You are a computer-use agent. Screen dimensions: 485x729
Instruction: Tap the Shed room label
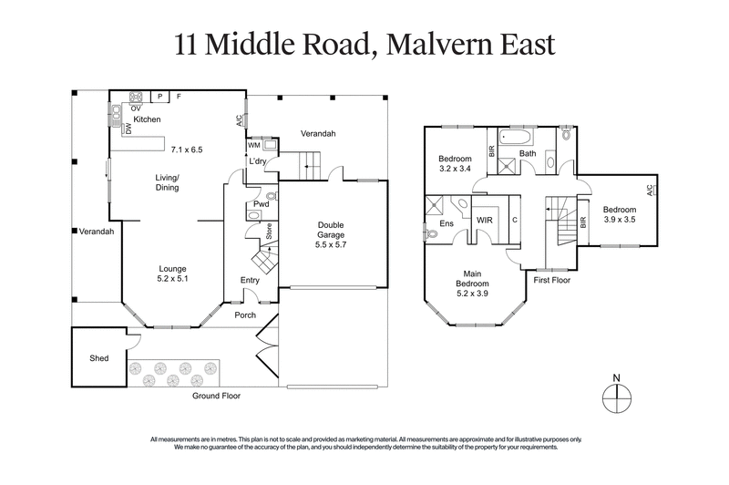100,358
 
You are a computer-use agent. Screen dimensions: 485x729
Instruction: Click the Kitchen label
148,119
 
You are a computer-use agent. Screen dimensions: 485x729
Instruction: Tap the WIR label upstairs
485,221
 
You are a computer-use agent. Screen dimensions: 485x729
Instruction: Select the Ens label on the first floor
447,222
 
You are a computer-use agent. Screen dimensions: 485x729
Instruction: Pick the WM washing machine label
253,145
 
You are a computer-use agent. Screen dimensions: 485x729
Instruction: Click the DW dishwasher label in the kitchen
128,130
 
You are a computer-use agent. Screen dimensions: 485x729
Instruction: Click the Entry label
250,280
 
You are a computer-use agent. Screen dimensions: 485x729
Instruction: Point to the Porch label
245,315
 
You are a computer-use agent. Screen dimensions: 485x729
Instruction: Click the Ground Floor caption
215,397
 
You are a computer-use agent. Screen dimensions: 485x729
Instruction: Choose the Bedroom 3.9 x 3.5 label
621,213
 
